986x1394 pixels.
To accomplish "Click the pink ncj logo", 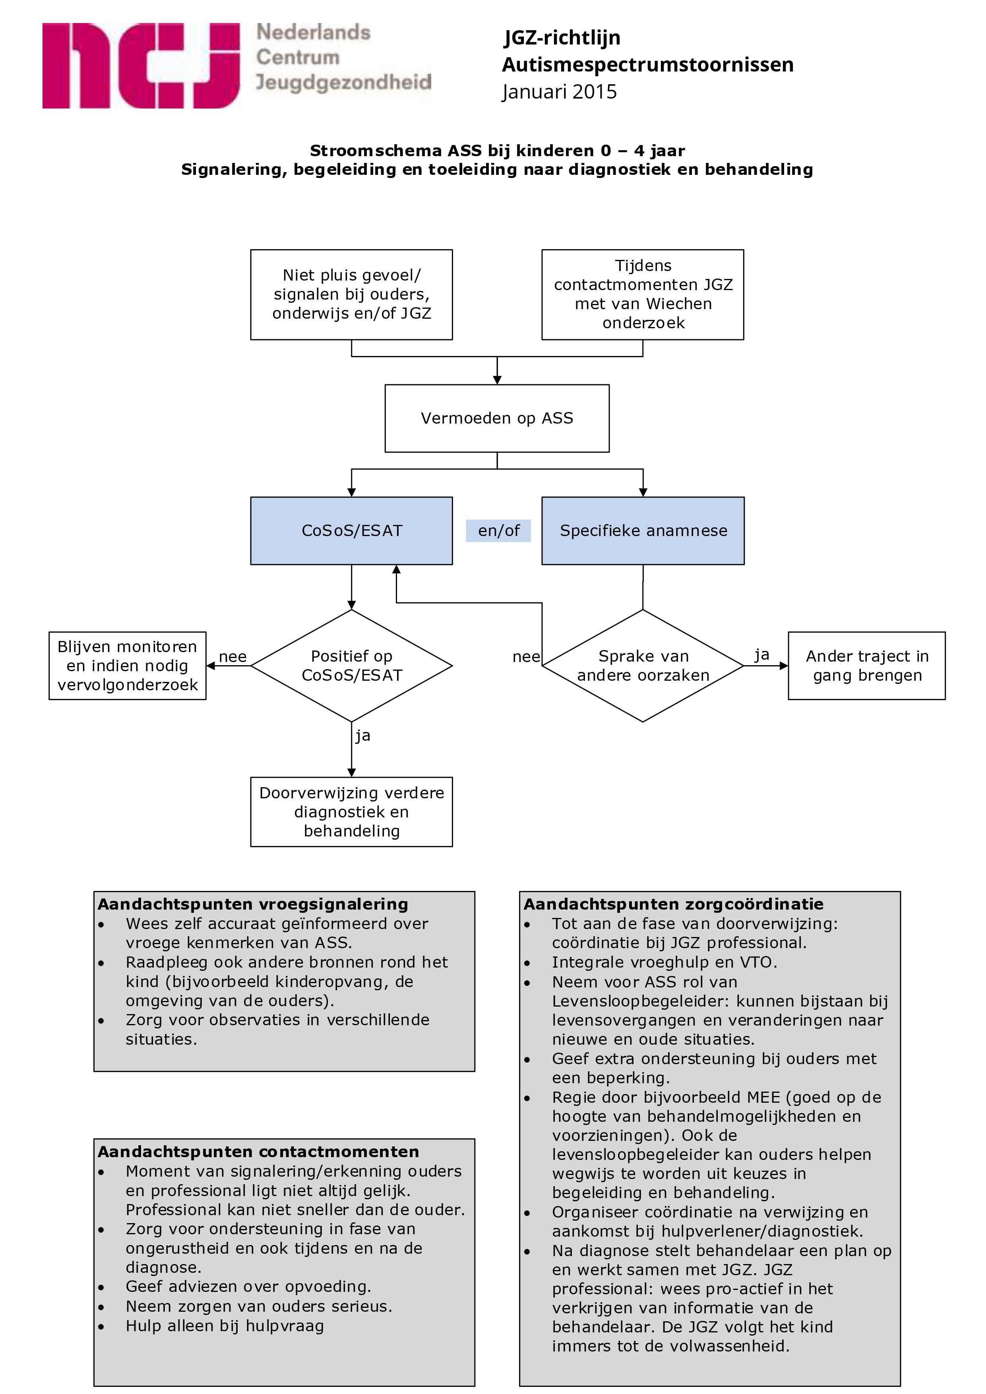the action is click(x=140, y=66).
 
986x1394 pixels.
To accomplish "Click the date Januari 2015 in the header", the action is click(x=559, y=92).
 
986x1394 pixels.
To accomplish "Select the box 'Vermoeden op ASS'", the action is click(x=497, y=418).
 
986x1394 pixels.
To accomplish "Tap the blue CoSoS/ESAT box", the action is click(x=352, y=530).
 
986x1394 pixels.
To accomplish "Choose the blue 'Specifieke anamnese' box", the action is click(x=643, y=530).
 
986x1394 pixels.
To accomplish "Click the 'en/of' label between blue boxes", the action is click(x=498, y=530).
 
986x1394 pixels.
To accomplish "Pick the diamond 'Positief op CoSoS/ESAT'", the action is click(x=352, y=666).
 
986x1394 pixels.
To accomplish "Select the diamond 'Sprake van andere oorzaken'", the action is click(x=643, y=666).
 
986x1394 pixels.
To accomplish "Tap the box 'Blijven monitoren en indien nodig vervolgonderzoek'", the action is click(x=128, y=666).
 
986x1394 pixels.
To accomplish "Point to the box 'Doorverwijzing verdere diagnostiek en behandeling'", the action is click(x=352, y=812).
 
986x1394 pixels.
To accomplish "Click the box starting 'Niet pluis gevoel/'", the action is click(x=352, y=294).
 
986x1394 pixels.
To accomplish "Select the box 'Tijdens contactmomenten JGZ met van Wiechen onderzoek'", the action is click(x=643, y=294).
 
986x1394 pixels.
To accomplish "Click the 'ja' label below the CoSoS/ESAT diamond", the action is click(x=363, y=736).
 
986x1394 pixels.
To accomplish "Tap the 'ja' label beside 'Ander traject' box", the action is click(x=762, y=654).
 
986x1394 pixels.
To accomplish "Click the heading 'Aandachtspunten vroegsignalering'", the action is click(x=253, y=904).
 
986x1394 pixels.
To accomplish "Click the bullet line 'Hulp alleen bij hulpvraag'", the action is click(x=225, y=1326).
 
